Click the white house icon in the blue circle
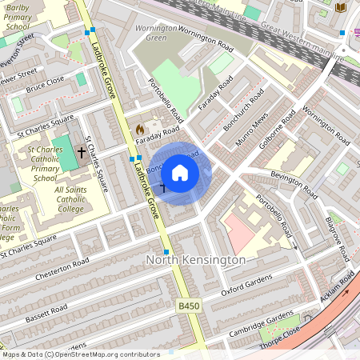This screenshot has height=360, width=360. pyautogui.click(x=180, y=172)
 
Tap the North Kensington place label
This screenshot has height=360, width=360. pyautogui.click(x=195, y=261)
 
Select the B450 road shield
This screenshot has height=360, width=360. pyautogui.click(x=188, y=306)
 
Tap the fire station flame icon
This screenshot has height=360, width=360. pyautogui.click(x=140, y=128)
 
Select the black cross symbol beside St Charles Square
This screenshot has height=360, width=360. pyautogui.click(x=81, y=151)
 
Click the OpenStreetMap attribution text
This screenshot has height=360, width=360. pyautogui.click(x=80, y=354)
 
